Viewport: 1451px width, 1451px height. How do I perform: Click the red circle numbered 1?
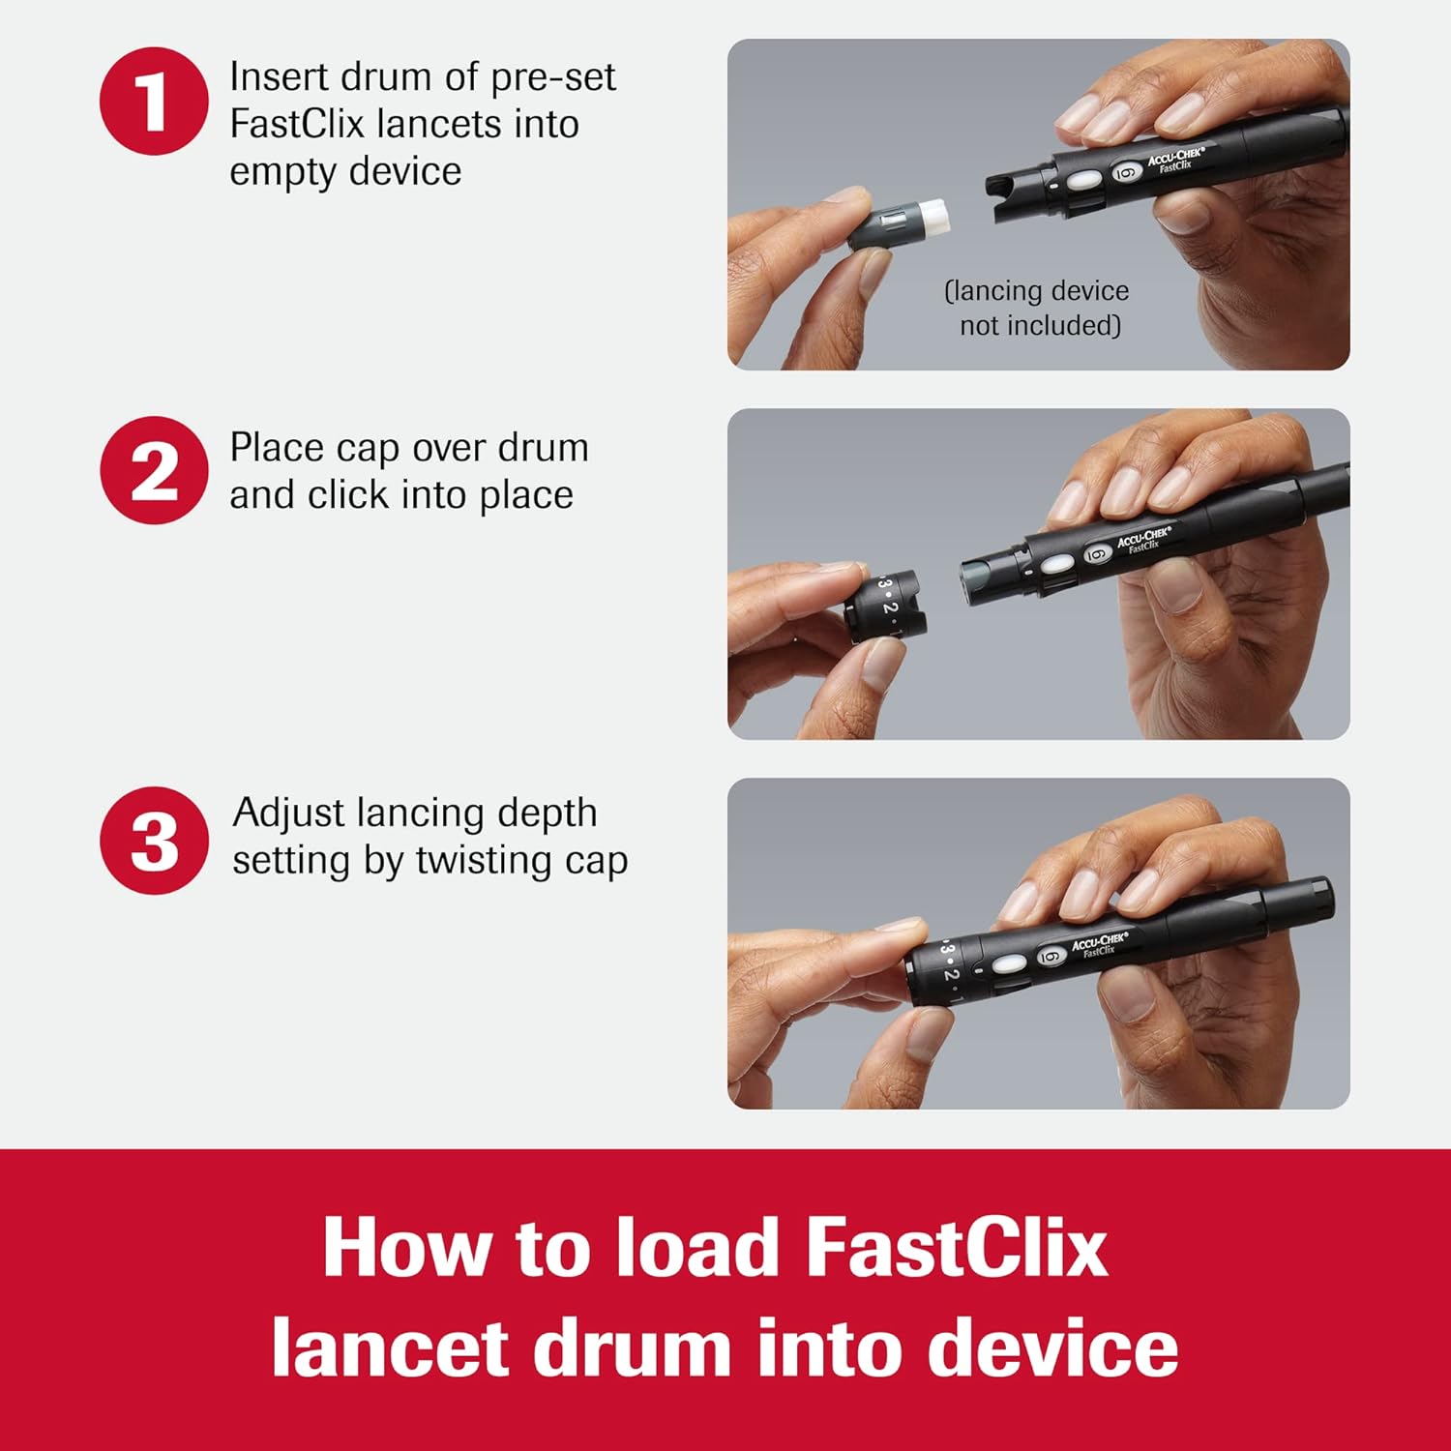(154, 102)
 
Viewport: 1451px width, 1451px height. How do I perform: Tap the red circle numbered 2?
(154, 471)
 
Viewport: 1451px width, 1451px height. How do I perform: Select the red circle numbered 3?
(154, 841)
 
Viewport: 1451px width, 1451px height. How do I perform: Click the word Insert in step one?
(277, 77)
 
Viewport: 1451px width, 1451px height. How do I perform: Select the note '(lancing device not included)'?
(1037, 308)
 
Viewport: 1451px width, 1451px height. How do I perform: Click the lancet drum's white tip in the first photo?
(933, 217)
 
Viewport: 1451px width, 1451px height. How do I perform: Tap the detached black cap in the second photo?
(883, 605)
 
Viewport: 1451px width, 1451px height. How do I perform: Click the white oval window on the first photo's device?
(1082, 181)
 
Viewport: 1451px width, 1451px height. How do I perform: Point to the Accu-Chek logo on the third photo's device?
(1099, 943)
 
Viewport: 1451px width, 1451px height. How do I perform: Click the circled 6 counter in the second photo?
(1095, 554)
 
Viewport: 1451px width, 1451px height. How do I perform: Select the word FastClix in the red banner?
(956, 1248)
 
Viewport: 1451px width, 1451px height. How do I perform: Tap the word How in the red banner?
(406, 1248)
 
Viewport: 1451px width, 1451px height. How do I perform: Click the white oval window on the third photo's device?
(1008, 964)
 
